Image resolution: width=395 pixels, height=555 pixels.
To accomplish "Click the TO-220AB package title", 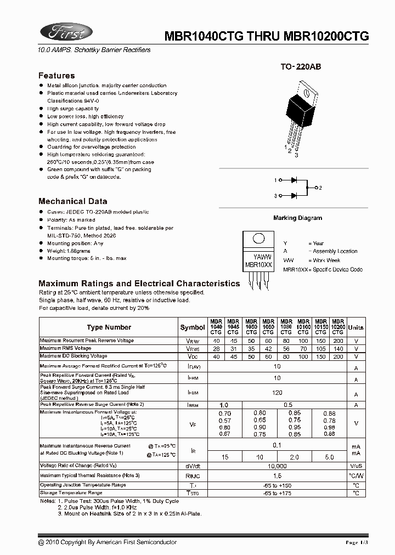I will (301, 66).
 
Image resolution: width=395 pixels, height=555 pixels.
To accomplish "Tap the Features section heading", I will (57, 76).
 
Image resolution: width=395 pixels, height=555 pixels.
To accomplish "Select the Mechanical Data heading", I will (73, 201).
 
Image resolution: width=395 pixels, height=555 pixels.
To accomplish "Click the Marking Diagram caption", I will (297, 218).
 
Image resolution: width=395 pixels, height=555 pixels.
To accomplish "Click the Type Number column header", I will (109, 327).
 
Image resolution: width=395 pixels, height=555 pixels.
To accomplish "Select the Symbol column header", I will (192, 327).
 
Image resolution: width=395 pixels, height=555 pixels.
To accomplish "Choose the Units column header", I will (356, 327).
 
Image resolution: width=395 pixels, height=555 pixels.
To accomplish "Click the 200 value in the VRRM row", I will (338, 341).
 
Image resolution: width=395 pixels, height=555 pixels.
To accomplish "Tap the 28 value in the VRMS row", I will (216, 349).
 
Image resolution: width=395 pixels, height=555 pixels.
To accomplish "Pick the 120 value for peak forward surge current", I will (277, 393).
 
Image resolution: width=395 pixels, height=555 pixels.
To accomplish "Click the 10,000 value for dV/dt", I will (277, 465).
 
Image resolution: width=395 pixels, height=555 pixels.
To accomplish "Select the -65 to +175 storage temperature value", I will (277, 493).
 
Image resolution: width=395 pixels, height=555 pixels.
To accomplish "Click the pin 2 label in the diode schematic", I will (320, 188).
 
